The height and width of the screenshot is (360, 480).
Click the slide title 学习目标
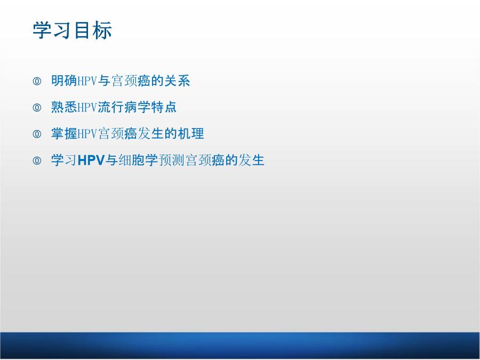pos(72,30)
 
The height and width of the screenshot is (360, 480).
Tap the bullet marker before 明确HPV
pos(37,81)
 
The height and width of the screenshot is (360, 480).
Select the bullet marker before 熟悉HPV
pos(37,107)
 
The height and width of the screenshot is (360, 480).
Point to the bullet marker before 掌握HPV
pos(37,134)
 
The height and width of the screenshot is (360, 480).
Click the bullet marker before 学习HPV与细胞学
pos(37,161)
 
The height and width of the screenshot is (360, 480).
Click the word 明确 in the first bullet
pos(64,81)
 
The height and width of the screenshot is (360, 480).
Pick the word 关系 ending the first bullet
pos(177,81)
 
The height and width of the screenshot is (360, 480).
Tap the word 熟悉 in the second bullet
pos(64,107)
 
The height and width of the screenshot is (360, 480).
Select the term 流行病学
pos(124,107)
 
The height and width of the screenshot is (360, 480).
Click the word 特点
pos(164,107)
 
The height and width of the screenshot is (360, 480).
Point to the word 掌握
pos(64,134)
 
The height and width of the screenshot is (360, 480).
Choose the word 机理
pos(191,134)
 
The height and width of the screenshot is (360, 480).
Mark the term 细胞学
pos(138,160)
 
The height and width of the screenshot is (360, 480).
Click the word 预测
pos(171,160)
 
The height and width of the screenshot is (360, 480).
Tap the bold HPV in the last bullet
pos(91,160)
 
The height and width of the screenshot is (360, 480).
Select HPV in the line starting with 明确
pos(87,81)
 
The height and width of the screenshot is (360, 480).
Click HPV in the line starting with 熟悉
pos(87,107)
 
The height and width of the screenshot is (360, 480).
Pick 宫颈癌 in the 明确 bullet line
pos(131,81)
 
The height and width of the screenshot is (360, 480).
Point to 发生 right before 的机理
pos(150,134)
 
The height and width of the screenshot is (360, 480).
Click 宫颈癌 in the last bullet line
pos(205,160)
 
